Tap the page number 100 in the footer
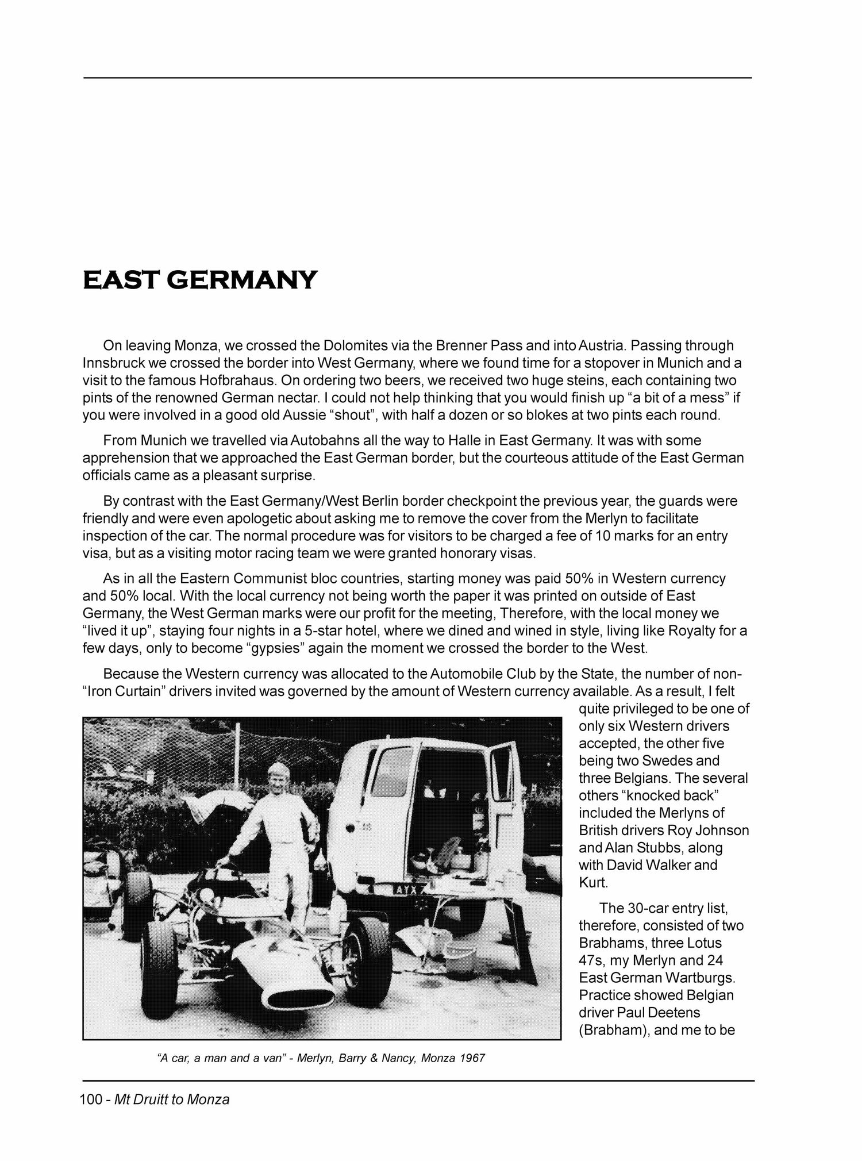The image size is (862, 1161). (90, 1100)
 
